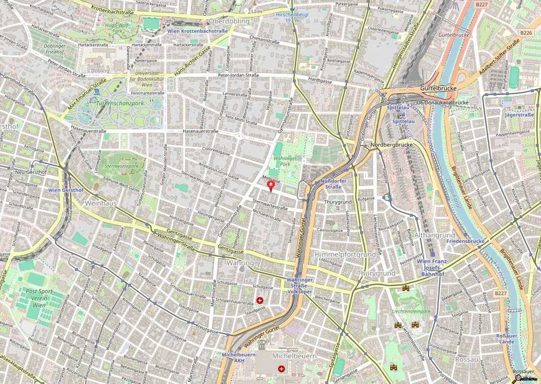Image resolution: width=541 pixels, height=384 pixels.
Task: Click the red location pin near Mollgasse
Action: coord(270,186)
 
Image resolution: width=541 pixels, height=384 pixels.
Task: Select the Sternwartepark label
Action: coord(122,166)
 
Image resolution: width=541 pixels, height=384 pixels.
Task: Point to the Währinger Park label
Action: coord(285,161)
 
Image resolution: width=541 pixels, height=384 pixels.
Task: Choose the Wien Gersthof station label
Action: coord(66,190)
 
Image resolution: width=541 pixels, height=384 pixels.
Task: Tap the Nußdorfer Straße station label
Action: coord(333,184)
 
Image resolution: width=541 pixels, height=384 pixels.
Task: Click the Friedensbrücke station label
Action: coord(465,241)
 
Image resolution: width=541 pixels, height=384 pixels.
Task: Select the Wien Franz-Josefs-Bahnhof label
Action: coord(433,268)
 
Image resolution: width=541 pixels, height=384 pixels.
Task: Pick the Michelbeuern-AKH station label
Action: coord(239,358)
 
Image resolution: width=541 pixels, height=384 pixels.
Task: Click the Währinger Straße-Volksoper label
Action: coord(299,286)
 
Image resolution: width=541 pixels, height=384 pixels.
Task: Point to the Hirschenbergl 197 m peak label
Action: coord(292,18)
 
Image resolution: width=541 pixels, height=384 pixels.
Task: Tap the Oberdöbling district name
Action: coord(229,21)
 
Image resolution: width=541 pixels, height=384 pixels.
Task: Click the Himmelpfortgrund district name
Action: coord(345,255)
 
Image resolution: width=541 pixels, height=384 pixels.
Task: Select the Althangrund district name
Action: coord(434,235)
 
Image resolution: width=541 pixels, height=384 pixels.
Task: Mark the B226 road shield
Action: coord(526,33)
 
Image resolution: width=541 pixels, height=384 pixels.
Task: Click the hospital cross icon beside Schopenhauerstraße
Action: coord(260,300)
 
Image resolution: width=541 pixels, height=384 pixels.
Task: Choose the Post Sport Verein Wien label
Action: coord(39,298)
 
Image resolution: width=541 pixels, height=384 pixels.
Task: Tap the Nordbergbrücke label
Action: coord(391,145)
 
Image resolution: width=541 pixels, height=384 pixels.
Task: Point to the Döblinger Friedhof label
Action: coord(55,49)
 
